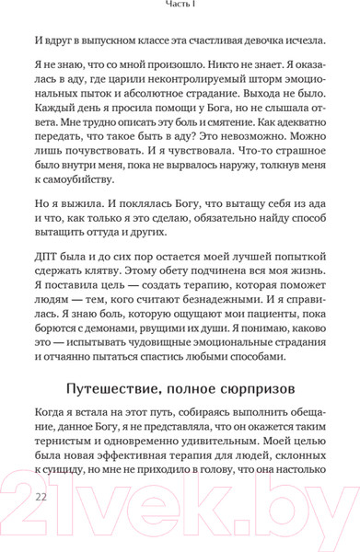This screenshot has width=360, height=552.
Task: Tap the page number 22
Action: (41, 496)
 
